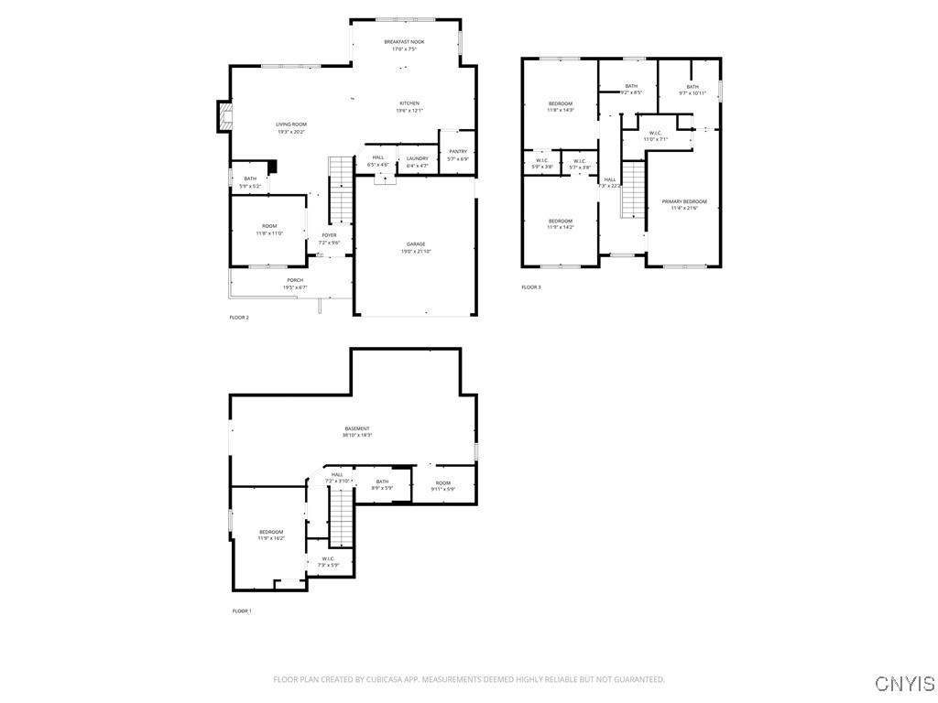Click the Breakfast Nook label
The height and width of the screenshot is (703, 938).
pyautogui.click(x=404, y=42)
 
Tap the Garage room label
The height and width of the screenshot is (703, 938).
pyautogui.click(x=416, y=243)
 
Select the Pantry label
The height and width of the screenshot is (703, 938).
pyautogui.click(x=458, y=151)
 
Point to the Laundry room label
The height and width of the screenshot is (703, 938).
pyautogui.click(x=418, y=157)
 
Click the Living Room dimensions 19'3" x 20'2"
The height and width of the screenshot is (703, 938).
pyautogui.click(x=291, y=132)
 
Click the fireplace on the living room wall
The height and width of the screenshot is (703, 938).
pyautogui.click(x=223, y=115)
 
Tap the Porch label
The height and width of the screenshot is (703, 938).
pyautogui.click(x=295, y=280)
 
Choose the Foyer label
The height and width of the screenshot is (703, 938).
pyautogui.click(x=329, y=235)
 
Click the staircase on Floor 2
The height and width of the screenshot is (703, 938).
pyautogui.click(x=341, y=189)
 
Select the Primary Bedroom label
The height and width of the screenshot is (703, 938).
pyautogui.click(x=684, y=201)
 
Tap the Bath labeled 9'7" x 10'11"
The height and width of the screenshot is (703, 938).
pyautogui.click(x=692, y=87)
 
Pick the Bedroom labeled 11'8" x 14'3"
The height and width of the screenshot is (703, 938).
pyautogui.click(x=561, y=103)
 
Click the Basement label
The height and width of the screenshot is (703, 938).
pyautogui.click(x=357, y=428)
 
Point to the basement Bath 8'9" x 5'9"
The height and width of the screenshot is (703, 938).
pyautogui.click(x=382, y=481)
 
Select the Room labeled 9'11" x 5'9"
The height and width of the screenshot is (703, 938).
pyautogui.click(x=443, y=482)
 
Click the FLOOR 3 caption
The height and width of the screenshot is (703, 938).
pyautogui.click(x=531, y=287)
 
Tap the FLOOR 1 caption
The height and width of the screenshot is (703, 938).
pyautogui.click(x=242, y=611)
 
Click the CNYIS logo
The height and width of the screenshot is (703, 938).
pyautogui.click(x=905, y=684)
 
